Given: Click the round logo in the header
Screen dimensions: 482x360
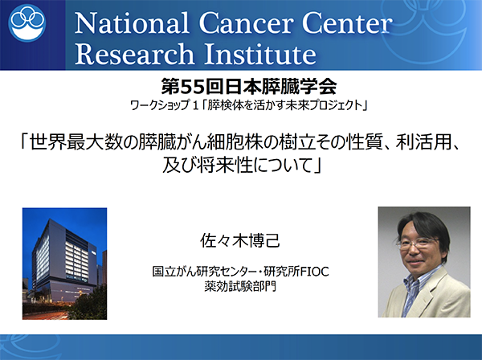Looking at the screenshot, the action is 27,22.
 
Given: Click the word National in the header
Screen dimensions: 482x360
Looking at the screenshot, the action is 131,23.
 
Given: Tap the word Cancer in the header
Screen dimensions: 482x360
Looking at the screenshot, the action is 245,23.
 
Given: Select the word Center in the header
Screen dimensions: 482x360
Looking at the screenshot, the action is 347,23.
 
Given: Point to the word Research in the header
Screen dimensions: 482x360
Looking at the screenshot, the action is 134,54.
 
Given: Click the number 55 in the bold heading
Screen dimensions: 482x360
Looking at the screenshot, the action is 193,87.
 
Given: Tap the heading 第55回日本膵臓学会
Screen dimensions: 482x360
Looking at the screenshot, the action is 249,87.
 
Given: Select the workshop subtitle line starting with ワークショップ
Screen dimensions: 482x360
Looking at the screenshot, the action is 249,106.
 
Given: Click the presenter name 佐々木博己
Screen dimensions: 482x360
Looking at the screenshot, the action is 240,240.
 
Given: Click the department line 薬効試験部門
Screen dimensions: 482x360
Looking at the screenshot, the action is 240,286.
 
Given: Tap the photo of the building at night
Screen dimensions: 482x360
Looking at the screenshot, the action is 64,264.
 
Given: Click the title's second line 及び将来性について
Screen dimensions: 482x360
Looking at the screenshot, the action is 242,166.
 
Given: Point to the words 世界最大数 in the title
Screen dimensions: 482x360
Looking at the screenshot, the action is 75,143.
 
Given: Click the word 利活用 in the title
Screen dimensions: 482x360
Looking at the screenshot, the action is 423,143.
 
